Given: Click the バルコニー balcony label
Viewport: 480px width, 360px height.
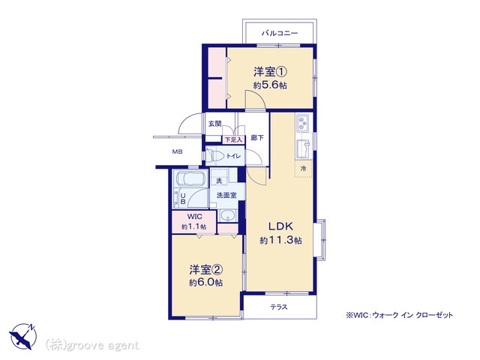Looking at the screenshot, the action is (280, 33).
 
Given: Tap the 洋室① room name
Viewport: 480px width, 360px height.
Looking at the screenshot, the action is (270, 72).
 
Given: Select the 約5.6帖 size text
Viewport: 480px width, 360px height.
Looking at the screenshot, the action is (270, 85).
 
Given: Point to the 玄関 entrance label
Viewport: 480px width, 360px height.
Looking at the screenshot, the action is (215, 124).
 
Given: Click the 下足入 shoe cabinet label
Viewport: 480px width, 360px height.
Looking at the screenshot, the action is (234, 140).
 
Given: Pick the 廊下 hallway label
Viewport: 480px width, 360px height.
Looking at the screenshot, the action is (257, 138).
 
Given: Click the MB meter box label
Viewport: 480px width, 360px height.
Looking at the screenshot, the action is (177, 151).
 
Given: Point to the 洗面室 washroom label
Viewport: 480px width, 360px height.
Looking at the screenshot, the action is (226, 195).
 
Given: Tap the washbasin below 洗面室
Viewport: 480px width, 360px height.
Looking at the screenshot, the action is (227, 216).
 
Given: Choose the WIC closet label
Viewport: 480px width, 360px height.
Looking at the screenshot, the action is (195, 217).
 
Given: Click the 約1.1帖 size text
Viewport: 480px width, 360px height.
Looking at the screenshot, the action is (194, 226).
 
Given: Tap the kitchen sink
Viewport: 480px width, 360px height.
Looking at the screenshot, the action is (304, 149).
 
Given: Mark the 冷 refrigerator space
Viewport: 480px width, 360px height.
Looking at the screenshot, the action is (303, 168).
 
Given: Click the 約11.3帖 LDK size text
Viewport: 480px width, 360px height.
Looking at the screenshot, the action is (280, 241).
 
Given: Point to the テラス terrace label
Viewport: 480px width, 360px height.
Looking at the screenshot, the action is (279, 307).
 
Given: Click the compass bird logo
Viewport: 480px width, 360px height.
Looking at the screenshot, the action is (23, 336).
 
